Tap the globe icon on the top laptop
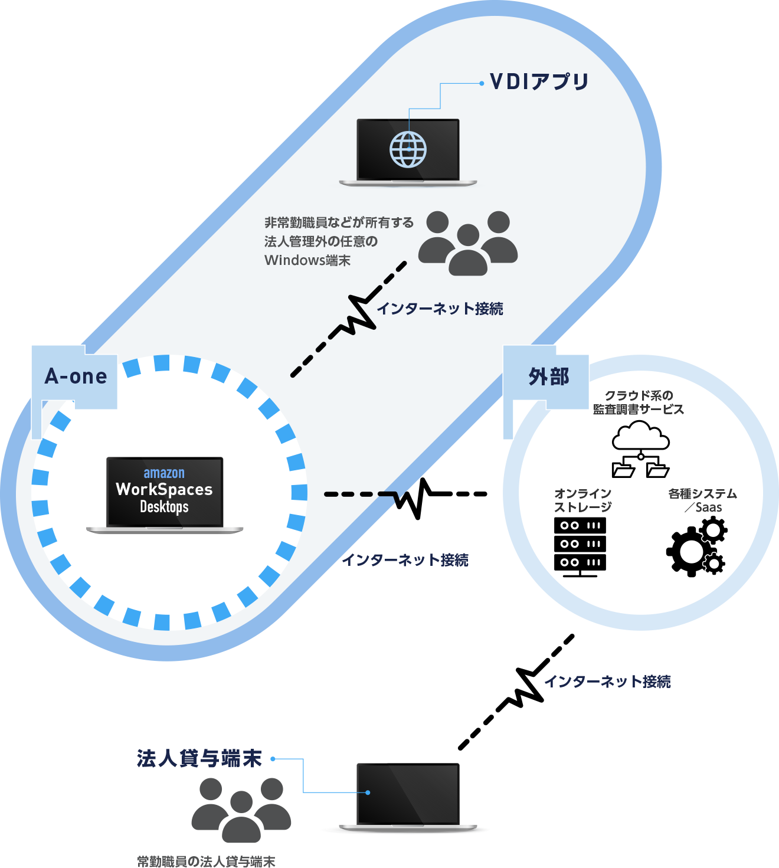point(408,149)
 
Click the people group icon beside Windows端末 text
point(468,243)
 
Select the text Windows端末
point(307,260)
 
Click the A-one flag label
point(76,376)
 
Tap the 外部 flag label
point(548,376)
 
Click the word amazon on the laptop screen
point(164,473)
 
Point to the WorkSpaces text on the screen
point(164,489)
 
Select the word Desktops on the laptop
point(164,507)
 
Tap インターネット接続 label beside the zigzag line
point(440,309)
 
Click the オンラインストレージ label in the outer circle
point(582,500)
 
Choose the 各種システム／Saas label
point(702,500)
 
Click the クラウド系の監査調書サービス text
point(639,402)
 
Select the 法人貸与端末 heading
point(199,758)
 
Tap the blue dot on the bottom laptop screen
point(368,792)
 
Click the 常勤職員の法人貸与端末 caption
point(206,861)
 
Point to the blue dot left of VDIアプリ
point(482,83)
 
